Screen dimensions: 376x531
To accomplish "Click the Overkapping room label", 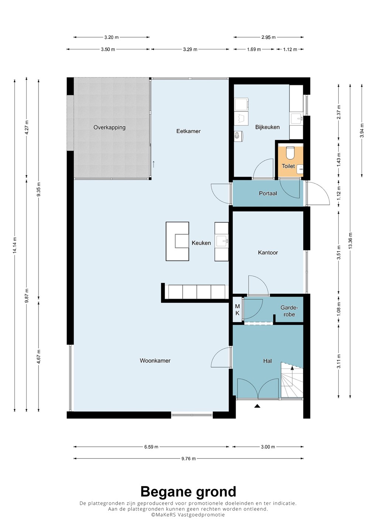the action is point(109,128).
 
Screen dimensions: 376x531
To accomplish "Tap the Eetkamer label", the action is point(188,131).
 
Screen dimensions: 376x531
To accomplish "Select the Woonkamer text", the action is point(155,361).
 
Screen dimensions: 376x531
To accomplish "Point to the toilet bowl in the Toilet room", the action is point(290,153).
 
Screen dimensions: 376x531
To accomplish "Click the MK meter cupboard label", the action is point(237,310).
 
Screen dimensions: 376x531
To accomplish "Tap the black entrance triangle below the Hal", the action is point(257,406).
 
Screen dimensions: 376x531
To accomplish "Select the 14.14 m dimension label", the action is point(15,245).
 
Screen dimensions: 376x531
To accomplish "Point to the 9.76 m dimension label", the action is point(189,459).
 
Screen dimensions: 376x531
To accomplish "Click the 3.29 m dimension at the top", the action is point(190,49).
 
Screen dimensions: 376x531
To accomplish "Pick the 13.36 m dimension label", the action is point(351,240).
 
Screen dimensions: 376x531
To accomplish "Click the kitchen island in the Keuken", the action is point(177,241).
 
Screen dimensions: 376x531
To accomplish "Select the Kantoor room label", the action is point(268,253).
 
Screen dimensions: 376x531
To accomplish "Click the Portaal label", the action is point(268,194).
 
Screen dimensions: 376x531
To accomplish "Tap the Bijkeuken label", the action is point(267,127).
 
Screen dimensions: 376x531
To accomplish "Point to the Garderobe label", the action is point(289,311).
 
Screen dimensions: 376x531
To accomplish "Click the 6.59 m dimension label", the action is point(151,447).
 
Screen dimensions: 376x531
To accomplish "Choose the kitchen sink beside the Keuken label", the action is point(222,242).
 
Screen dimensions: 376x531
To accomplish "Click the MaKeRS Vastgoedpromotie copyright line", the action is point(188,515).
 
